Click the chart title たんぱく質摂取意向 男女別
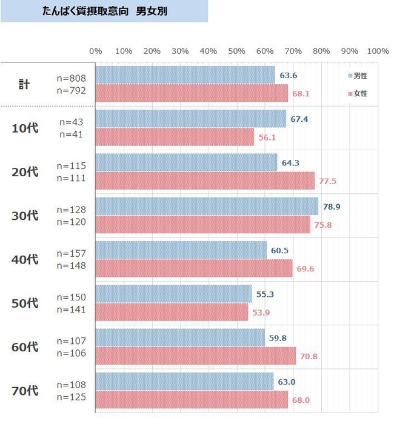105,11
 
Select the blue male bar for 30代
207,207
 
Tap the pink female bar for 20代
205,181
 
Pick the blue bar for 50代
173,294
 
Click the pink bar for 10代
175,137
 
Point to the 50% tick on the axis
236,51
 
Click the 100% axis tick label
378,51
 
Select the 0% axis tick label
96,51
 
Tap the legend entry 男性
358,76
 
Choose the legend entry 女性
358,94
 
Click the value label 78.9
332,207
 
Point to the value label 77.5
329,181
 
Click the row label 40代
25,259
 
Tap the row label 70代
25,391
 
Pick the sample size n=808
72,78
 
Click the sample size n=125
72,397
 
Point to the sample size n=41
72,134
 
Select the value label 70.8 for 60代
309,356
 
